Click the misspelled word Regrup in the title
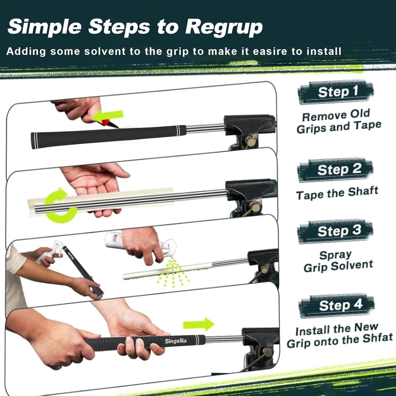point(224,27)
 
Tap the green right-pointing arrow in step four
point(199,324)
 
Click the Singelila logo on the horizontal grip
point(176,341)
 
